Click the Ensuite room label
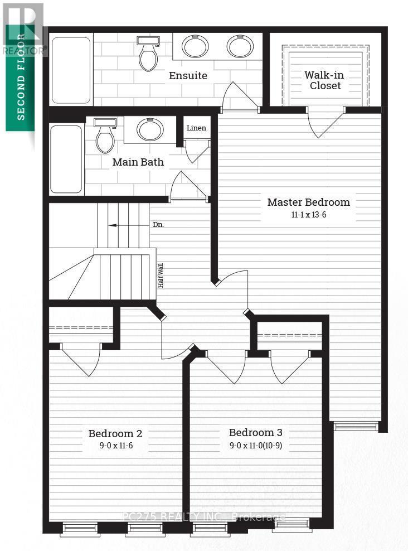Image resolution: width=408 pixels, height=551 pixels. pos(188,75)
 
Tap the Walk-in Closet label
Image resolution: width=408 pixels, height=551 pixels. pos(326,80)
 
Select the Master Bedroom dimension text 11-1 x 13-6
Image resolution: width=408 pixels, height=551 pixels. pos(308,215)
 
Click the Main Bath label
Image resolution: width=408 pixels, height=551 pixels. pos(138,162)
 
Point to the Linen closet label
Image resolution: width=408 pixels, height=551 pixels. pos(196,128)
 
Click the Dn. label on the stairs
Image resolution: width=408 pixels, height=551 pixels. pos(158,225)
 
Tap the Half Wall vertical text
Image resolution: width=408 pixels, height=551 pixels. pos(161,275)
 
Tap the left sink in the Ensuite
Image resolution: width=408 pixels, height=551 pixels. pos(195,46)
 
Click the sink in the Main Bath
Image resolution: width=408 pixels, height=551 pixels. pos(150,130)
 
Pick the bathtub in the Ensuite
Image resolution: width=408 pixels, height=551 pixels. pos(71,70)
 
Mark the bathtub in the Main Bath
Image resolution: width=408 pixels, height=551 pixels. pos(66,159)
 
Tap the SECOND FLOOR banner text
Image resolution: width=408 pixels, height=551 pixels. pos(21,76)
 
